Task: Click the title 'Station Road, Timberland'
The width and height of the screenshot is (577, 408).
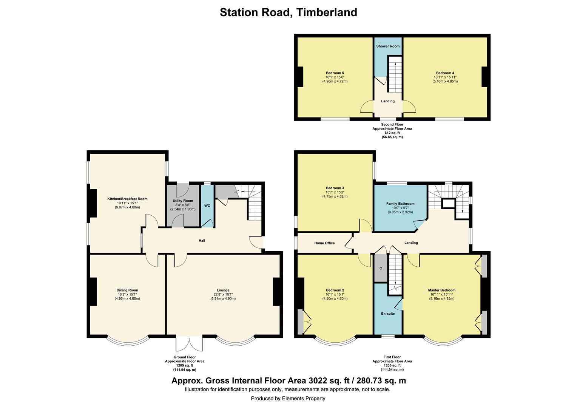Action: tap(288, 12)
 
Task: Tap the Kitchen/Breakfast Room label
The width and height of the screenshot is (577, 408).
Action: tap(127, 199)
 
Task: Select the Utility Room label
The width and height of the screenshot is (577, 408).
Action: tap(183, 201)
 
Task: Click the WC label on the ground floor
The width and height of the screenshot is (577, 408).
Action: tap(207, 206)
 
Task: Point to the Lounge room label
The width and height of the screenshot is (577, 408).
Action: tap(223, 290)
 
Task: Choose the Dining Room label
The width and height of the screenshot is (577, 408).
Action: tap(127, 290)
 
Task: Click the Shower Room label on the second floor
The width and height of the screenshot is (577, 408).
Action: tap(388, 46)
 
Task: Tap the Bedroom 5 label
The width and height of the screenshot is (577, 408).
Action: tap(335, 73)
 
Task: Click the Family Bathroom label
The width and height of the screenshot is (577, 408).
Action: tap(400, 204)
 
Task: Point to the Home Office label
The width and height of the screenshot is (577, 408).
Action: tap(324, 243)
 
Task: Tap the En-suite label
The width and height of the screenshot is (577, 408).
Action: tap(388, 314)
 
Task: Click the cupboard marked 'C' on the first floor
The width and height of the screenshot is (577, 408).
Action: tap(381, 268)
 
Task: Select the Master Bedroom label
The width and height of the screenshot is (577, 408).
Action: tap(441, 290)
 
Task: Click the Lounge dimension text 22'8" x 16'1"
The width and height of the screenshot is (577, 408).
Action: tap(223, 294)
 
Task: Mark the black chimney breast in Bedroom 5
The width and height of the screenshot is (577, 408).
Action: tap(300, 77)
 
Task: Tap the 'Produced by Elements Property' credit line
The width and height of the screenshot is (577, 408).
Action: tap(288, 398)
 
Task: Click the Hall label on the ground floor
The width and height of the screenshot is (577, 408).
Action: tap(202, 240)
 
